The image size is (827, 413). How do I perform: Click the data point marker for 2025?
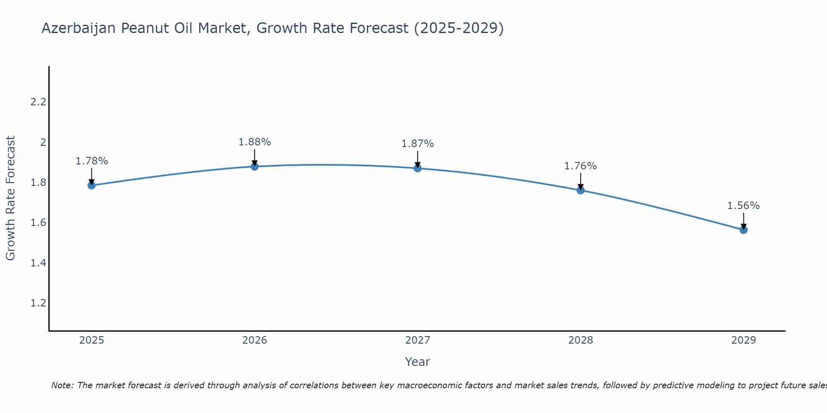click(x=92, y=185)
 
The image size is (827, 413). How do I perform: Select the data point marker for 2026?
click(x=255, y=166)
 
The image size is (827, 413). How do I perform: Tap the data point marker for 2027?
click(x=418, y=168)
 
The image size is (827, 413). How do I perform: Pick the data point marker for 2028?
click(x=581, y=190)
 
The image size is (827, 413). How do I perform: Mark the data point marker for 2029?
click(x=743, y=230)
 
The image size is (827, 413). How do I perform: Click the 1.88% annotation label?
click(x=255, y=142)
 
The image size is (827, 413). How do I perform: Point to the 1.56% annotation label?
click(x=743, y=206)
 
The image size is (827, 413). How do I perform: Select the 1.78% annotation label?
click(x=92, y=161)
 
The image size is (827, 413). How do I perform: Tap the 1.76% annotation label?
click(x=581, y=166)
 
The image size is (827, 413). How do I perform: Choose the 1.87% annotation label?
click(x=418, y=144)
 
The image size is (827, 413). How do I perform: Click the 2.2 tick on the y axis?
click(x=38, y=102)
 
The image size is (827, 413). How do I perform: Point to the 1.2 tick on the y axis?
click(x=38, y=303)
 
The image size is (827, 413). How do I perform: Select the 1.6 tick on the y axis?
click(x=38, y=223)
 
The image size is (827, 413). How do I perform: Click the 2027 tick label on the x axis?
click(x=418, y=340)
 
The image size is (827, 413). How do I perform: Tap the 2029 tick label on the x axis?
click(x=743, y=340)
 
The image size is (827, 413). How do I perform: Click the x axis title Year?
click(x=418, y=362)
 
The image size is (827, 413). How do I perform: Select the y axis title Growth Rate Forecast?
click(x=10, y=198)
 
